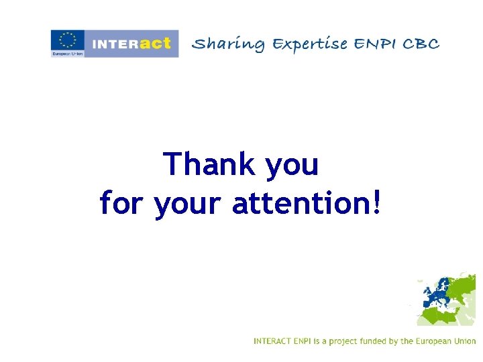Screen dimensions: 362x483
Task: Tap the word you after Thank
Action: click(292, 166)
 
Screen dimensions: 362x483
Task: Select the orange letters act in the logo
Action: click(156, 43)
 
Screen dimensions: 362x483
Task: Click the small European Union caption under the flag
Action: click(67, 54)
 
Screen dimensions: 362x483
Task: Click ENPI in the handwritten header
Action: click(376, 44)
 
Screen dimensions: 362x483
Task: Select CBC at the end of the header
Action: click(423, 44)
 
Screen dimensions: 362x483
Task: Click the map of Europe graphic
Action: click(446, 299)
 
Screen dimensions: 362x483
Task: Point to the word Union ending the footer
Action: click(464, 341)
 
